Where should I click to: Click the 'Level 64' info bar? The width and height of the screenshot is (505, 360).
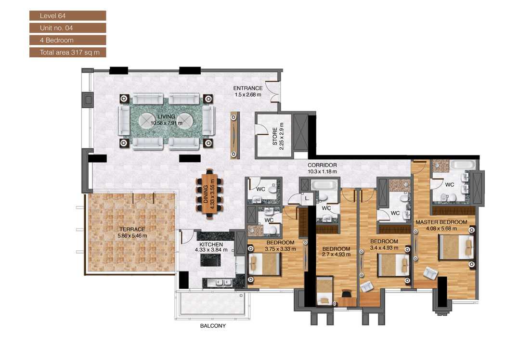pos(67,16)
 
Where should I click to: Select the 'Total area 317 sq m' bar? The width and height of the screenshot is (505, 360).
pos(67,52)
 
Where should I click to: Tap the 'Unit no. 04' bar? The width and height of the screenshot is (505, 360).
pos(67,28)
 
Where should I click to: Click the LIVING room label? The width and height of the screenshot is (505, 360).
pos(166,116)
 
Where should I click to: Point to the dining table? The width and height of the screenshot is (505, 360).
pos(210,193)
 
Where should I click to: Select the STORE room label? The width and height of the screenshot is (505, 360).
pos(275,137)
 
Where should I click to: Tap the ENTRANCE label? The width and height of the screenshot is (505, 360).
pos(248,88)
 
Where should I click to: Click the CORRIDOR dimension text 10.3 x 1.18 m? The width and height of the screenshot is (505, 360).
pos(322,171)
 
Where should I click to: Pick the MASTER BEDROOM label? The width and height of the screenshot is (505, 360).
pos(441,222)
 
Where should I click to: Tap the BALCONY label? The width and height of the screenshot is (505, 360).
pos(212,326)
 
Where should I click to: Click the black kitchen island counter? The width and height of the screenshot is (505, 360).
pos(210,260)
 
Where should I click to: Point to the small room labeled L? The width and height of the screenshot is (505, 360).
pos(306,198)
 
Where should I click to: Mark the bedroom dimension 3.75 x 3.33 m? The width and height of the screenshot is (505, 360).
pos(280,249)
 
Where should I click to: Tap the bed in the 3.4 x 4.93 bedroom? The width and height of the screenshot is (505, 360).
pos(392,265)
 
